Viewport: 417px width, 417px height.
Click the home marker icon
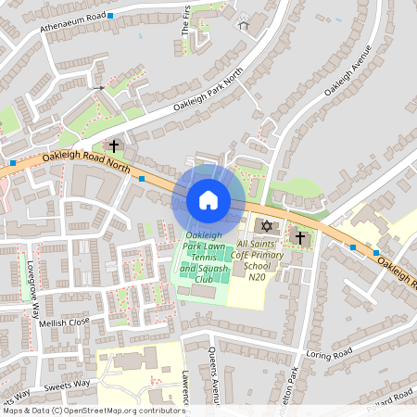pyautogui.click(x=208, y=200)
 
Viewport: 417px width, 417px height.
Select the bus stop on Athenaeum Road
pyautogui.click(x=110, y=16)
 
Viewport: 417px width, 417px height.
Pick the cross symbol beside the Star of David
pyautogui.click(x=299, y=238)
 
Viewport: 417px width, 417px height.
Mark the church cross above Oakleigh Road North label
pyautogui.click(x=115, y=145)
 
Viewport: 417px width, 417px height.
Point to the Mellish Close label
pyautogui.click(x=65, y=322)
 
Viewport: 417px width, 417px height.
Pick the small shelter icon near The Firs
pyautogui.click(x=244, y=25)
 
